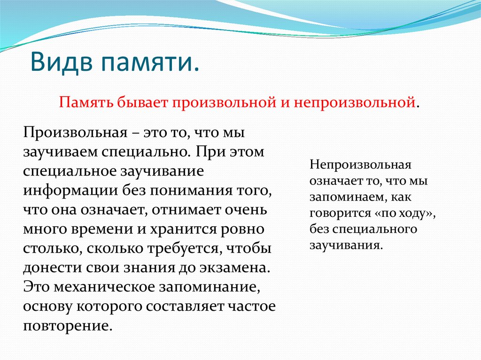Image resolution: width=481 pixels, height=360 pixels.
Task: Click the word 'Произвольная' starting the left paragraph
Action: [x=73, y=133]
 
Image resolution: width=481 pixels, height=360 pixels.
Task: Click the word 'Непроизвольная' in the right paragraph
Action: [x=360, y=165]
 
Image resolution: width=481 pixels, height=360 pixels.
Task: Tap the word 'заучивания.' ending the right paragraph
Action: [x=346, y=245]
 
